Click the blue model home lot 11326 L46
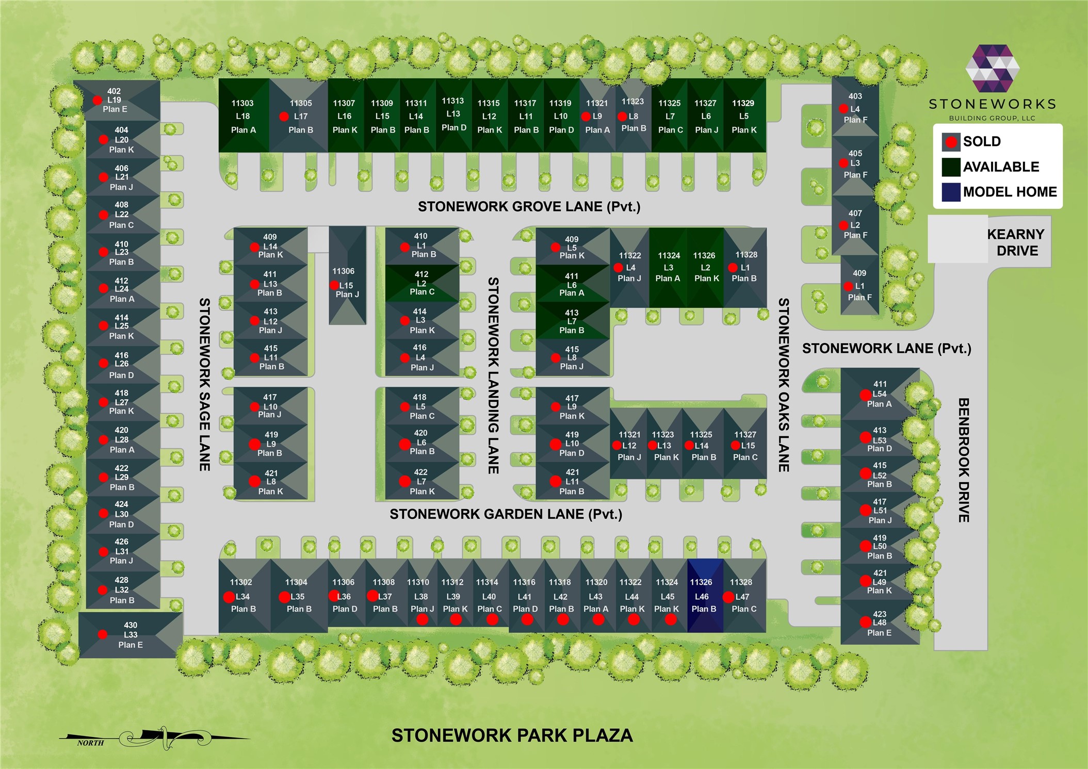click(705, 596)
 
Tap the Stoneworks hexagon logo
click(993, 68)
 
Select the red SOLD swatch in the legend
click(951, 142)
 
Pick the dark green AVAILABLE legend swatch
click(951, 167)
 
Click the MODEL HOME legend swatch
click(951, 192)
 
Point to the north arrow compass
click(155, 738)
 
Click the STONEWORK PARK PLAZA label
click(512, 735)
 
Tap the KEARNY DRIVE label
click(1016, 242)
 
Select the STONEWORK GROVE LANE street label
click(529, 207)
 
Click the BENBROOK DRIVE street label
click(964, 460)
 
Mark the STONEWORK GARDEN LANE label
click(506, 514)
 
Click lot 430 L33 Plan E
click(131, 635)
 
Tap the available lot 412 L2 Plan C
click(422, 283)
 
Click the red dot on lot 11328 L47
click(728, 597)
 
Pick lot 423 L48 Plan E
click(880, 623)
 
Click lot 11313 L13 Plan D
click(453, 114)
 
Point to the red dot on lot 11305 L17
click(284, 117)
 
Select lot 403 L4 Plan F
click(855, 107)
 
